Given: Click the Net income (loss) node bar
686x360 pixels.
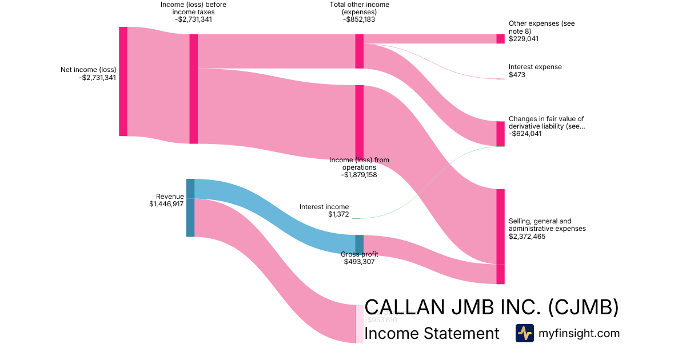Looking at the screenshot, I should coord(123,81).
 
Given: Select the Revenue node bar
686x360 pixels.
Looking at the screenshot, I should coord(190,207).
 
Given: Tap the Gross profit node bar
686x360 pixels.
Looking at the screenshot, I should coord(359,244).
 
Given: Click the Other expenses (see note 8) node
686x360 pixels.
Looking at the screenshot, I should coord(500,39).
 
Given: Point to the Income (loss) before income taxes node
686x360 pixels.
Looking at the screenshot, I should coord(194,89).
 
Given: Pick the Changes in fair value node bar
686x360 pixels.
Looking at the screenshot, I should coord(500,134).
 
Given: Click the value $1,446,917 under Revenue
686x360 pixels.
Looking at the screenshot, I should coord(166,204).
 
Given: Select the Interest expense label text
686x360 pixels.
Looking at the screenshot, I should coord(535,67).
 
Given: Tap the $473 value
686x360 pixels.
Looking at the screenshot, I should coord(517,75).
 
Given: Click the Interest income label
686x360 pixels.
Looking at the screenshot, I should coord(324,207).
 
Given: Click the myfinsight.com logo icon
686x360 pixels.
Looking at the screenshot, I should coord(524,333).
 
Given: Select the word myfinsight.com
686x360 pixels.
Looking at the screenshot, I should coord(579,334).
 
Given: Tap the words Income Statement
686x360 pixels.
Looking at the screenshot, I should coord(432,334).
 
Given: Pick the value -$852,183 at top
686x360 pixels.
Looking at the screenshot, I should coord(360,19).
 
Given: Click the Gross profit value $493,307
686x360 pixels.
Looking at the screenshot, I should coord(360,262).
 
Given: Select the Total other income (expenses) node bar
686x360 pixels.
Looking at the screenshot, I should coord(360,51).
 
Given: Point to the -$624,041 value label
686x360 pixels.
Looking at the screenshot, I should coord(525,134).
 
